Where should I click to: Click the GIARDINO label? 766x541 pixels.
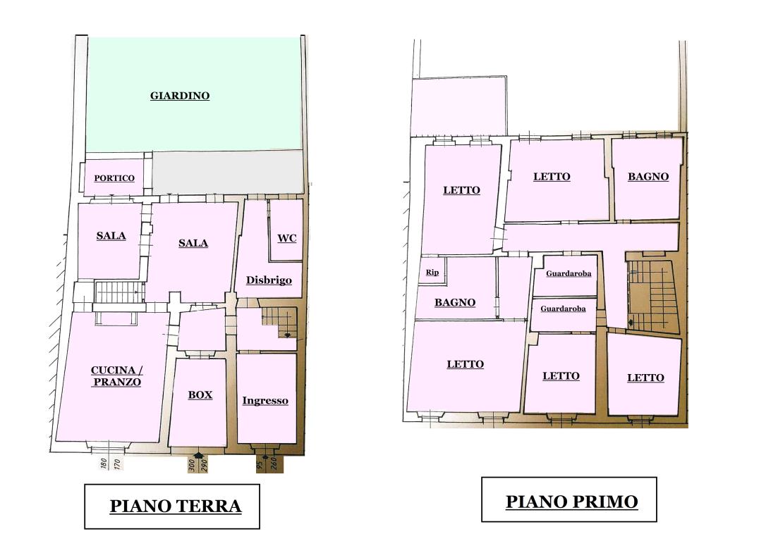coord(180,96)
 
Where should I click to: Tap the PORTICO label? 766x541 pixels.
coord(114,178)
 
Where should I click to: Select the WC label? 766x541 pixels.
coord(286,238)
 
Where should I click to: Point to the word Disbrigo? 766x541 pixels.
coord(269,280)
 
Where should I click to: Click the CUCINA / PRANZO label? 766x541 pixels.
coord(116,376)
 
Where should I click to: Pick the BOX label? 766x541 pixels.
coord(200,395)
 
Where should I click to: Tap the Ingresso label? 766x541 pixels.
coord(265,401)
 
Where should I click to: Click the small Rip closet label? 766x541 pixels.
coord(432,273)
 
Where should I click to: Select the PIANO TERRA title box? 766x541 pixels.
coord(172,506)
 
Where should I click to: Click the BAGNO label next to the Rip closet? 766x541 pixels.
coord(454,303)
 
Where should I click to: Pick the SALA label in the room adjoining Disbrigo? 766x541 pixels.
coord(193,243)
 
